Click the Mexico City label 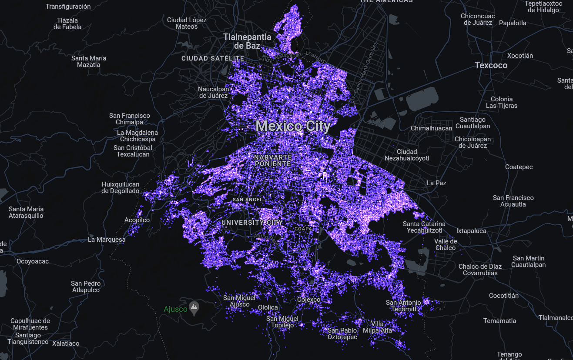point(293,127)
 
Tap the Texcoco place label point(491,65)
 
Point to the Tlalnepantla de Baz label point(247,41)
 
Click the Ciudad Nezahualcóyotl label point(407,155)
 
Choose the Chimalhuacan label point(432,128)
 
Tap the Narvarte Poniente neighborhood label point(272,160)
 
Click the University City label point(252,223)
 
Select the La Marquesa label point(107,240)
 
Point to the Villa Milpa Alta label point(381,327)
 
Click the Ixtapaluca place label point(471,231)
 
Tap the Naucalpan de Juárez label point(213,92)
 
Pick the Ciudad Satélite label point(213,58)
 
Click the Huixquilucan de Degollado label point(121,187)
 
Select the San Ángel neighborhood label point(248,200)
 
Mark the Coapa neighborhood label point(303,228)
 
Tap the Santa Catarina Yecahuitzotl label point(424,227)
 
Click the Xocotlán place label point(520,56)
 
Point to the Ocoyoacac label point(33,261)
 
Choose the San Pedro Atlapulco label point(86,287)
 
